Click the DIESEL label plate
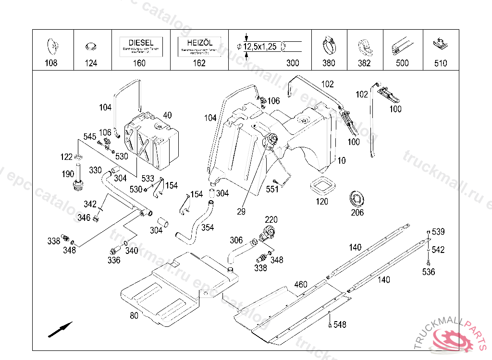click(x=141, y=47)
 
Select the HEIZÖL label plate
click(x=199, y=47)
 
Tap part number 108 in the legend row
click(x=51, y=63)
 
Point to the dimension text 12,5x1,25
click(x=259, y=47)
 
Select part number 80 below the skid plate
click(x=134, y=315)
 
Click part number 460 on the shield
click(x=300, y=285)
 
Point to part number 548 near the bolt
click(x=340, y=325)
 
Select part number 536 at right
click(x=429, y=272)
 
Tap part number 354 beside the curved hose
click(x=208, y=227)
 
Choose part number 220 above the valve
click(x=271, y=220)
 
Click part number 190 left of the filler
click(x=68, y=174)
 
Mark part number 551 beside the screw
click(x=272, y=190)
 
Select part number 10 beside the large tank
click(x=341, y=161)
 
